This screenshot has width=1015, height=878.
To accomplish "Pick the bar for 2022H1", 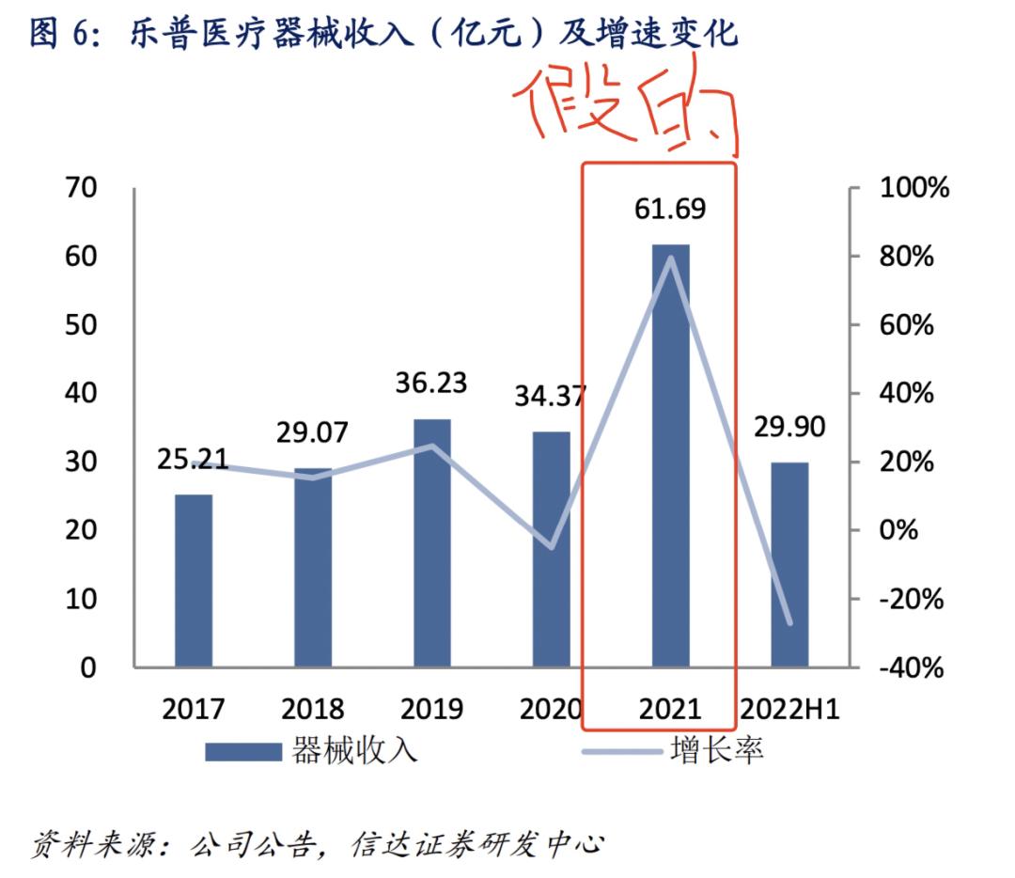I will [x=789, y=564].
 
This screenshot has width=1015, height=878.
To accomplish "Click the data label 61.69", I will [x=670, y=209].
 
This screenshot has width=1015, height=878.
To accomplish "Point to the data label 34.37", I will [x=550, y=396].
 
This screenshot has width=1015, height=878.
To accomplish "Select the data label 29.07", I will [x=313, y=432].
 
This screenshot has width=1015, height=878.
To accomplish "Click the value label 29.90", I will [x=789, y=428].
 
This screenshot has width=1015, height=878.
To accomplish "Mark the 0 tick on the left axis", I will [x=88, y=668].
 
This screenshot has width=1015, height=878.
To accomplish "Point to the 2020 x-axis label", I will [x=550, y=708].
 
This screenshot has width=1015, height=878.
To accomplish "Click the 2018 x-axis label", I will [x=313, y=708].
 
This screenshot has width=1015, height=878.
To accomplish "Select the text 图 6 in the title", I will [x=60, y=33].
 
